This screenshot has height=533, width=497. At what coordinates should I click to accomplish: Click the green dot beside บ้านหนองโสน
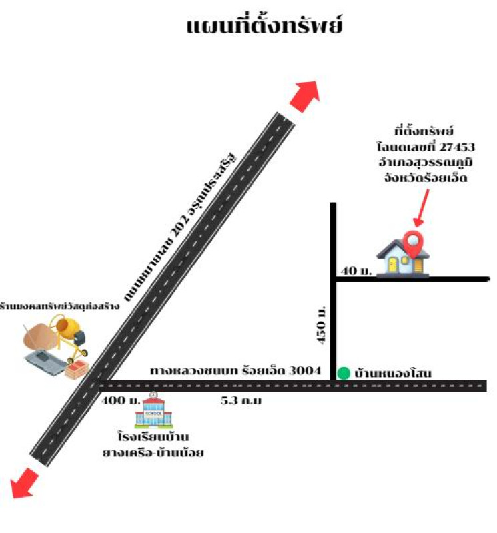343,373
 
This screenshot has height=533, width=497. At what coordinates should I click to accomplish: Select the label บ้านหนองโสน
394,374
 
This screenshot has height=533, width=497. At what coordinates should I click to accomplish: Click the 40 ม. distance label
356,270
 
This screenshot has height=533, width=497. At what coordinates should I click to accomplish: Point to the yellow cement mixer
69,333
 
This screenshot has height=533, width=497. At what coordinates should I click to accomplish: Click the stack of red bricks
77,368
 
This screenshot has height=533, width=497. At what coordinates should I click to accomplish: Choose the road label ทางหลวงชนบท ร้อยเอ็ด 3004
235,370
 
